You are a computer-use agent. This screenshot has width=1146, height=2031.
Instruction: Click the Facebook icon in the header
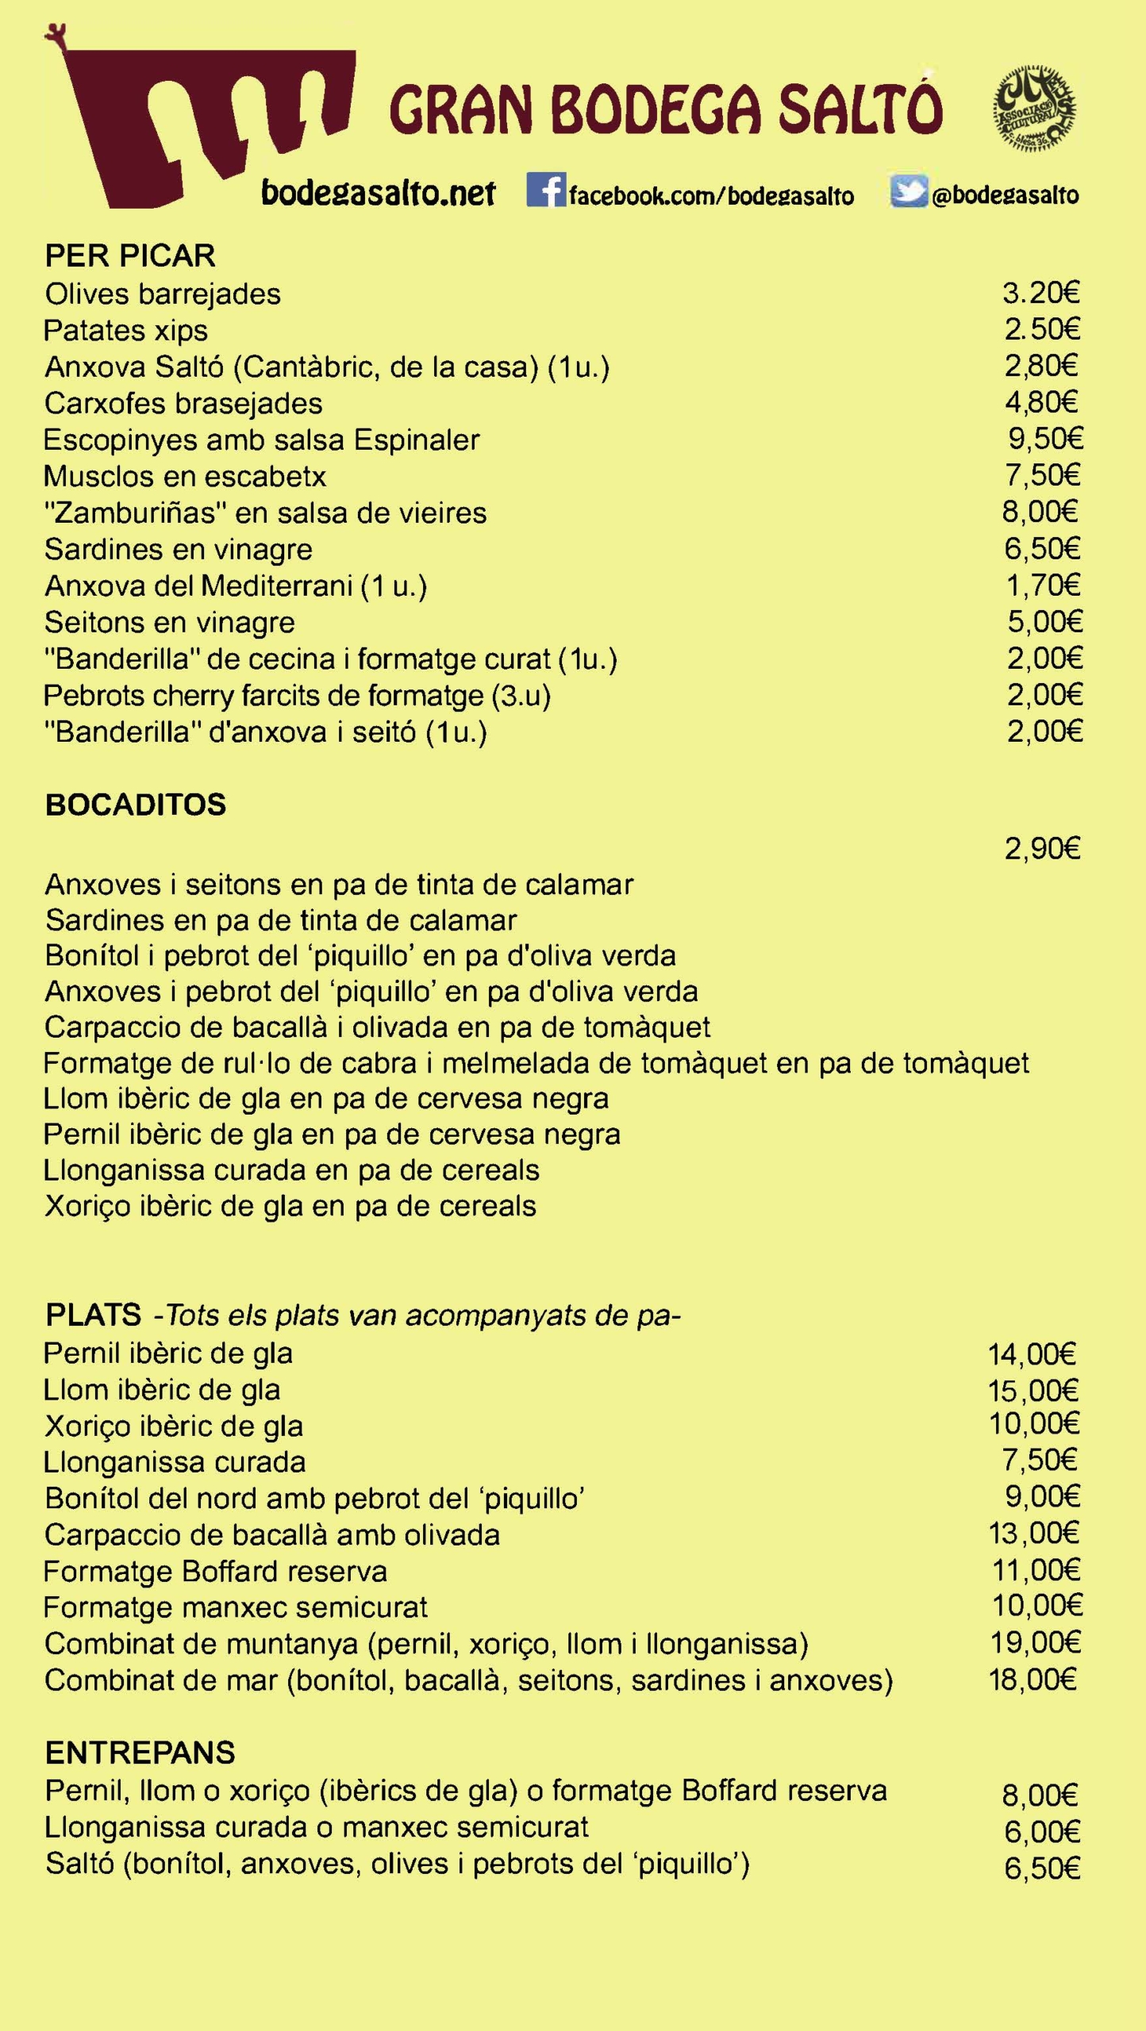545,190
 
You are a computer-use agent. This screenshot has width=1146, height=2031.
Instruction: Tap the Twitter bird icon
908,191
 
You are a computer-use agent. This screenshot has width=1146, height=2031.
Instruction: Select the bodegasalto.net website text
378,193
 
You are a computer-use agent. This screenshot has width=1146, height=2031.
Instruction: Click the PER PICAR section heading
130,256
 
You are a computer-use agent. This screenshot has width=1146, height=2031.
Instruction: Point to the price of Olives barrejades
1040,294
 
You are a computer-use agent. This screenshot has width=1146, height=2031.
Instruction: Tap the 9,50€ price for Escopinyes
1045,439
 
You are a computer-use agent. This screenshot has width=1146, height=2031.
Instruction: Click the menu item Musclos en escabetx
185,476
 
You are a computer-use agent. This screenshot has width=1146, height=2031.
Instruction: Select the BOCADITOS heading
136,805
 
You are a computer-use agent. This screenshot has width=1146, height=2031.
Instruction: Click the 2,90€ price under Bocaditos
1042,850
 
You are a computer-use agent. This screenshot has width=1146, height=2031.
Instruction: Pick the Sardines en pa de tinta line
281,920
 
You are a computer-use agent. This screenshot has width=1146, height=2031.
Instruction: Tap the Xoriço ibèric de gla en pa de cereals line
290,1206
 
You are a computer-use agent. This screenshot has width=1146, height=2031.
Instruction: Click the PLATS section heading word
94,1315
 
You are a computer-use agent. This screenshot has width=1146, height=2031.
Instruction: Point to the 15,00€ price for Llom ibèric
1033,1391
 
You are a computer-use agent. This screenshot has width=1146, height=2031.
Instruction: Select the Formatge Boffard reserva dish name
215,1572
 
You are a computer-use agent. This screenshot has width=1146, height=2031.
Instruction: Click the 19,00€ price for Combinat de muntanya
1035,1643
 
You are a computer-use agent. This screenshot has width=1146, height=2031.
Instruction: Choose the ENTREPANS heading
140,1753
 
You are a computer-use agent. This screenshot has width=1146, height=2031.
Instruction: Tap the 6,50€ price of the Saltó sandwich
1042,1868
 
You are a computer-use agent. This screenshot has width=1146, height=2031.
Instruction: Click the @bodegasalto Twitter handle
1005,195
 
